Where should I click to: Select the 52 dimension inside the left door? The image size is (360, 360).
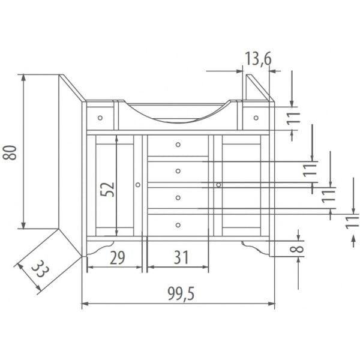tap(107, 190)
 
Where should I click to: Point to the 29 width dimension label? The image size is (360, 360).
tap(118, 258)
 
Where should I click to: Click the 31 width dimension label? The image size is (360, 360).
tap(179, 258)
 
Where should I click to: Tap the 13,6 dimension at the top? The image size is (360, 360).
tap(258, 59)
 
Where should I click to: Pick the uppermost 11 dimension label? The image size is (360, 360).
tap(293, 118)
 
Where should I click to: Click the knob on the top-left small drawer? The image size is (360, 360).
tap(100, 118)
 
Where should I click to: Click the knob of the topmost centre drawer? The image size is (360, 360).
tap(178, 145)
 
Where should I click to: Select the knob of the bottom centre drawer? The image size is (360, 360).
tap(178, 225)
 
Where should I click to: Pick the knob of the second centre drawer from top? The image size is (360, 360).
tap(178, 172)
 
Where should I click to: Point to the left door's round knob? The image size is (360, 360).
tap(138, 185)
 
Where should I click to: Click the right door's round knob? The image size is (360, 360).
tap(218, 185)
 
